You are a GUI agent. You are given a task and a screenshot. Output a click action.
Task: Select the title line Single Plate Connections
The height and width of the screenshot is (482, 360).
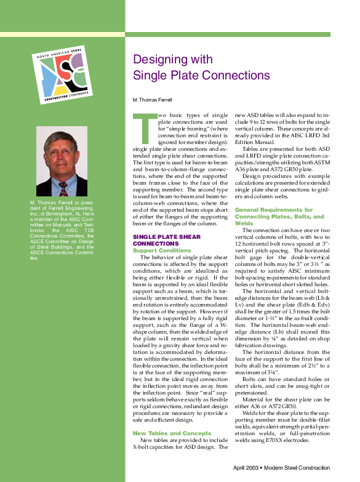(201, 76)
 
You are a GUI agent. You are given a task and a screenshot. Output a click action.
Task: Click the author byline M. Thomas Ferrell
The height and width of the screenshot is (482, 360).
(151, 99)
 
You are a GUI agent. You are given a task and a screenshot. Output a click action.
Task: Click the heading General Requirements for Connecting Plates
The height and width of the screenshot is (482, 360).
(279, 213)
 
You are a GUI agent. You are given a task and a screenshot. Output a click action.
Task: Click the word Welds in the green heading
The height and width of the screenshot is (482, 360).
(244, 223)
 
